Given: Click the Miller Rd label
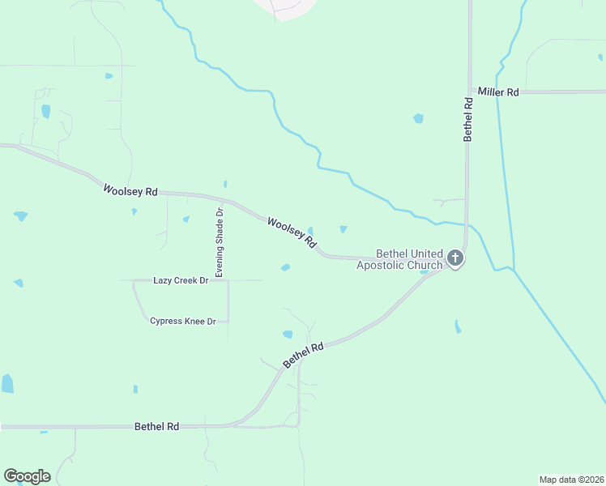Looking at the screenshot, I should click(497, 92).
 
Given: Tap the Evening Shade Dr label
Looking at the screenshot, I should click(219, 242).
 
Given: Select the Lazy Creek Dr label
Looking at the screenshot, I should click(181, 280).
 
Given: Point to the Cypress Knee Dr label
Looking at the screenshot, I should click(182, 322).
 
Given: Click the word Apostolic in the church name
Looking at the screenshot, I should click(386, 265).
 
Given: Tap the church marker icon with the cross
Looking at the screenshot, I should click(455, 258).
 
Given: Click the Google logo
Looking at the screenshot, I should click(27, 476).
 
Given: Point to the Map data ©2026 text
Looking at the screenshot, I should click(570, 479).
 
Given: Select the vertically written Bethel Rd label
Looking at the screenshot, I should click(467, 120).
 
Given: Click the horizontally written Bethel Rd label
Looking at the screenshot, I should click(156, 426).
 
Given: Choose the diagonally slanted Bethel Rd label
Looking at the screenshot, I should click(303, 356).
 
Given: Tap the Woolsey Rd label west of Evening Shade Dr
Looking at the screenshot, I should click(130, 191).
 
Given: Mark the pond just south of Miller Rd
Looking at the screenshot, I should click(418, 118).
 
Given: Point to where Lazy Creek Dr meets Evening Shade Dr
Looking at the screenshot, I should click(228, 280).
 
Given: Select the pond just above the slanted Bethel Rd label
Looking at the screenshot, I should click(288, 334).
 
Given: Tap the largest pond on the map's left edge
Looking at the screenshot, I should click(7, 383).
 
